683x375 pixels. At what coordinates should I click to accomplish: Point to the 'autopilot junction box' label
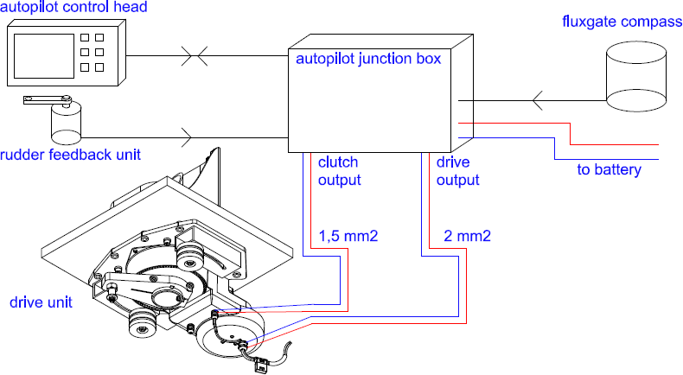coord(368,60)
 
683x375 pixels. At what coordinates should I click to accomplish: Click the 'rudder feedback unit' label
coord(71,155)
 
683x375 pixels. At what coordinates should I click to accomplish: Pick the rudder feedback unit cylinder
coord(65,123)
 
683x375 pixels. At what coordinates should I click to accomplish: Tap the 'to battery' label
coord(610,169)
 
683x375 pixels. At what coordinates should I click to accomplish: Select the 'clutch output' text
coord(339,171)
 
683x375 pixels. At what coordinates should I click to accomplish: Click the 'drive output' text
coord(457,171)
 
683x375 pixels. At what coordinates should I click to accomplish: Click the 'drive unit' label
coord(40,302)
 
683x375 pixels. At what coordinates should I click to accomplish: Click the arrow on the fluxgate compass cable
coord(538,103)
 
